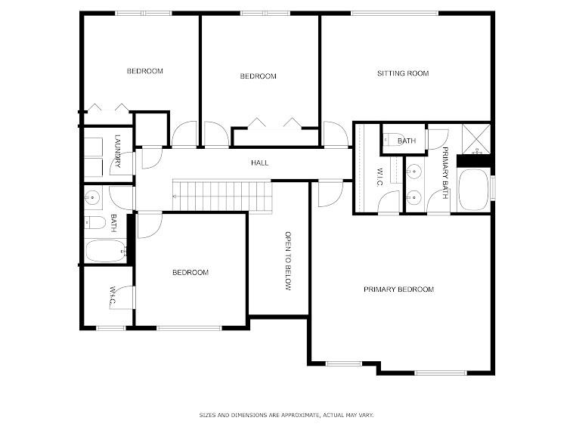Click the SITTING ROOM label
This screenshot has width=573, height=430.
pyautogui.click(x=403, y=73)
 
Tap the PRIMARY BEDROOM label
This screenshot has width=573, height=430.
pyautogui.click(x=398, y=289)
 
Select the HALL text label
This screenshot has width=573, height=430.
pyautogui.click(x=259, y=162)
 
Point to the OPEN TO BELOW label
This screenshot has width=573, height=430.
pyautogui.click(x=287, y=261)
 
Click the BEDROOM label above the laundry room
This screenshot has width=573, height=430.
pyautogui.click(x=144, y=71)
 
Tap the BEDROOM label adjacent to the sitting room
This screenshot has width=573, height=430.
pyautogui.click(x=258, y=76)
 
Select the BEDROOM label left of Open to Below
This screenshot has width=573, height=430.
pyautogui.click(x=190, y=273)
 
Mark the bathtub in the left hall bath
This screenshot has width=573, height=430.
pyautogui.click(x=104, y=251)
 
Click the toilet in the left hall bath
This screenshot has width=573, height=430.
pyautogui.click(x=94, y=222)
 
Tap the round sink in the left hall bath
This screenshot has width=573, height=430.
pyautogui.click(x=91, y=198)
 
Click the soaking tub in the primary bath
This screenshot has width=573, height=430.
pyautogui.click(x=474, y=188)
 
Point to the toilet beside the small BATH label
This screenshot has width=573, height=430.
pyautogui.click(x=391, y=138)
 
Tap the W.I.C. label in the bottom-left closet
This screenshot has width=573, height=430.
pyautogui.click(x=113, y=295)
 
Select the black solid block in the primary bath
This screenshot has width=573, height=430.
pyautogui.click(x=474, y=159)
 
